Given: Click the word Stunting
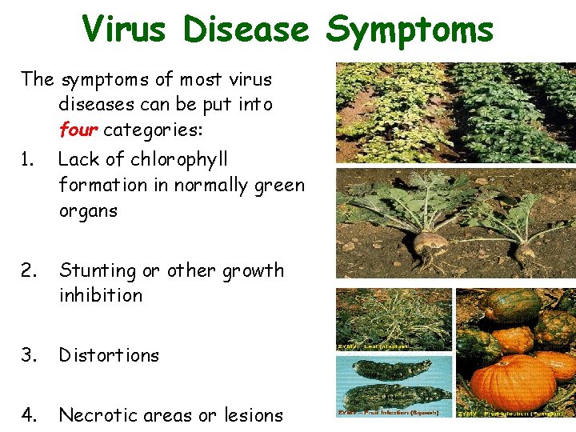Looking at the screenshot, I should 98,271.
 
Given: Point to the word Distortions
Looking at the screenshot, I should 109,355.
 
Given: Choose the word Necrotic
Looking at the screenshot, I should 100,415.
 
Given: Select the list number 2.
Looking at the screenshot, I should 29,271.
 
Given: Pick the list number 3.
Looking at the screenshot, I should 29,355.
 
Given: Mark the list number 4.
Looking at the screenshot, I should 29,415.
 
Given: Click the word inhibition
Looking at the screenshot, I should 101,295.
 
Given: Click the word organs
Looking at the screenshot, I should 88,211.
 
